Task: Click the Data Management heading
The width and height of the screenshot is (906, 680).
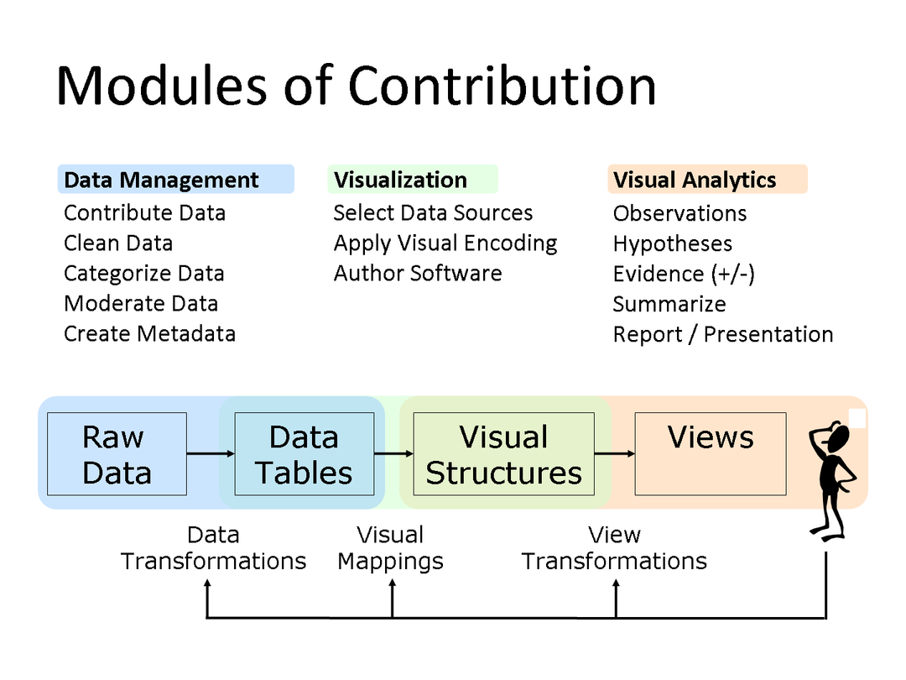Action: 161,180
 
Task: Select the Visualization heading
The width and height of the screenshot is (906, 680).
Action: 400,180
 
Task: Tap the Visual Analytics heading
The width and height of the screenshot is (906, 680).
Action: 695,180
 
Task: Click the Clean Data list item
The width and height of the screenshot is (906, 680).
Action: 118,243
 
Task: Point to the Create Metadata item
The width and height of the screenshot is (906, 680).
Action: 149,333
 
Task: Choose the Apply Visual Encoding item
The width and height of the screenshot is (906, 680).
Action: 445,243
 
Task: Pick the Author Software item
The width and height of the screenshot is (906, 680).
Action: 418,273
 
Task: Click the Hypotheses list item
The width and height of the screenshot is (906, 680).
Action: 673,244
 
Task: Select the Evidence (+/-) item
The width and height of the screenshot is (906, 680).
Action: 685,274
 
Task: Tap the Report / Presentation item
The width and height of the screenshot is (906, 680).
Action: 723,334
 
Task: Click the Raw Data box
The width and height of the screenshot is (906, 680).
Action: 117,454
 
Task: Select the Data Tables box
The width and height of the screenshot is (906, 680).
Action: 305,454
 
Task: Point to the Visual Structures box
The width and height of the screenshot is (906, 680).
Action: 504,454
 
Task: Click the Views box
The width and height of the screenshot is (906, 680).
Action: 711,454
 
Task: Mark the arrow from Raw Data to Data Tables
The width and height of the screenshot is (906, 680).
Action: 211,453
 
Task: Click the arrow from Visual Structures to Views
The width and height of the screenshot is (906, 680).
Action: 615,453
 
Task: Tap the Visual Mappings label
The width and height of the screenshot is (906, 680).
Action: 391,548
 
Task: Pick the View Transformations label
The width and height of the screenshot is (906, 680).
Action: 614,548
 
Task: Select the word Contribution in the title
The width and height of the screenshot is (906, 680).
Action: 502,86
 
